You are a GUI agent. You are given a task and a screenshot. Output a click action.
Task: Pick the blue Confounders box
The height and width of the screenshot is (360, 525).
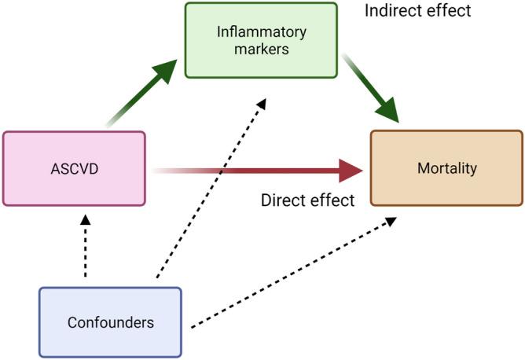(x=110, y=322)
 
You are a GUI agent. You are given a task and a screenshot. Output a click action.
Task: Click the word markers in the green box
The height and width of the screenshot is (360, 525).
(x=261, y=50)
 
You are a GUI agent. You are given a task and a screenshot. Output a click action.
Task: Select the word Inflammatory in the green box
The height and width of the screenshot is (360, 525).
(x=261, y=32)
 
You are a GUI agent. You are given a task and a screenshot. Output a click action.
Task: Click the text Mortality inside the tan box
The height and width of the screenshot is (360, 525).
(x=446, y=167)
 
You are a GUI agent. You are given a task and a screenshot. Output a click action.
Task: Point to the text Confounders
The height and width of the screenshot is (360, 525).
(x=110, y=322)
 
